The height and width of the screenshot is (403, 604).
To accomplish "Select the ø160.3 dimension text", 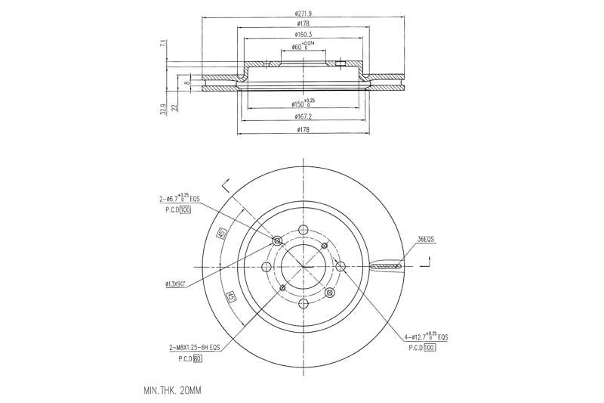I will pos(305,35).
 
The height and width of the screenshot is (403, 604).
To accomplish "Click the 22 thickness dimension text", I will pos(174,107).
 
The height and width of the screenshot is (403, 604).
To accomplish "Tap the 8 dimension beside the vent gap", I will pos(186,82).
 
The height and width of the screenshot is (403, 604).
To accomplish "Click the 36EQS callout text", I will pos(426,240).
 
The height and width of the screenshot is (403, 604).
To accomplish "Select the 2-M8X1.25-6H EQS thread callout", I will pos(194,347).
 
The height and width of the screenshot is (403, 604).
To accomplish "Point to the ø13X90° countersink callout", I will pos(178,284).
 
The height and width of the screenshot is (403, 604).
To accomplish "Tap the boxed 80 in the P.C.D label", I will pos(197,358).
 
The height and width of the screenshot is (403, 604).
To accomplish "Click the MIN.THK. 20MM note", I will pos(173,391).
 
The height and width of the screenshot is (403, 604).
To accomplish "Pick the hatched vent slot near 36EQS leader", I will pos(387,267).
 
